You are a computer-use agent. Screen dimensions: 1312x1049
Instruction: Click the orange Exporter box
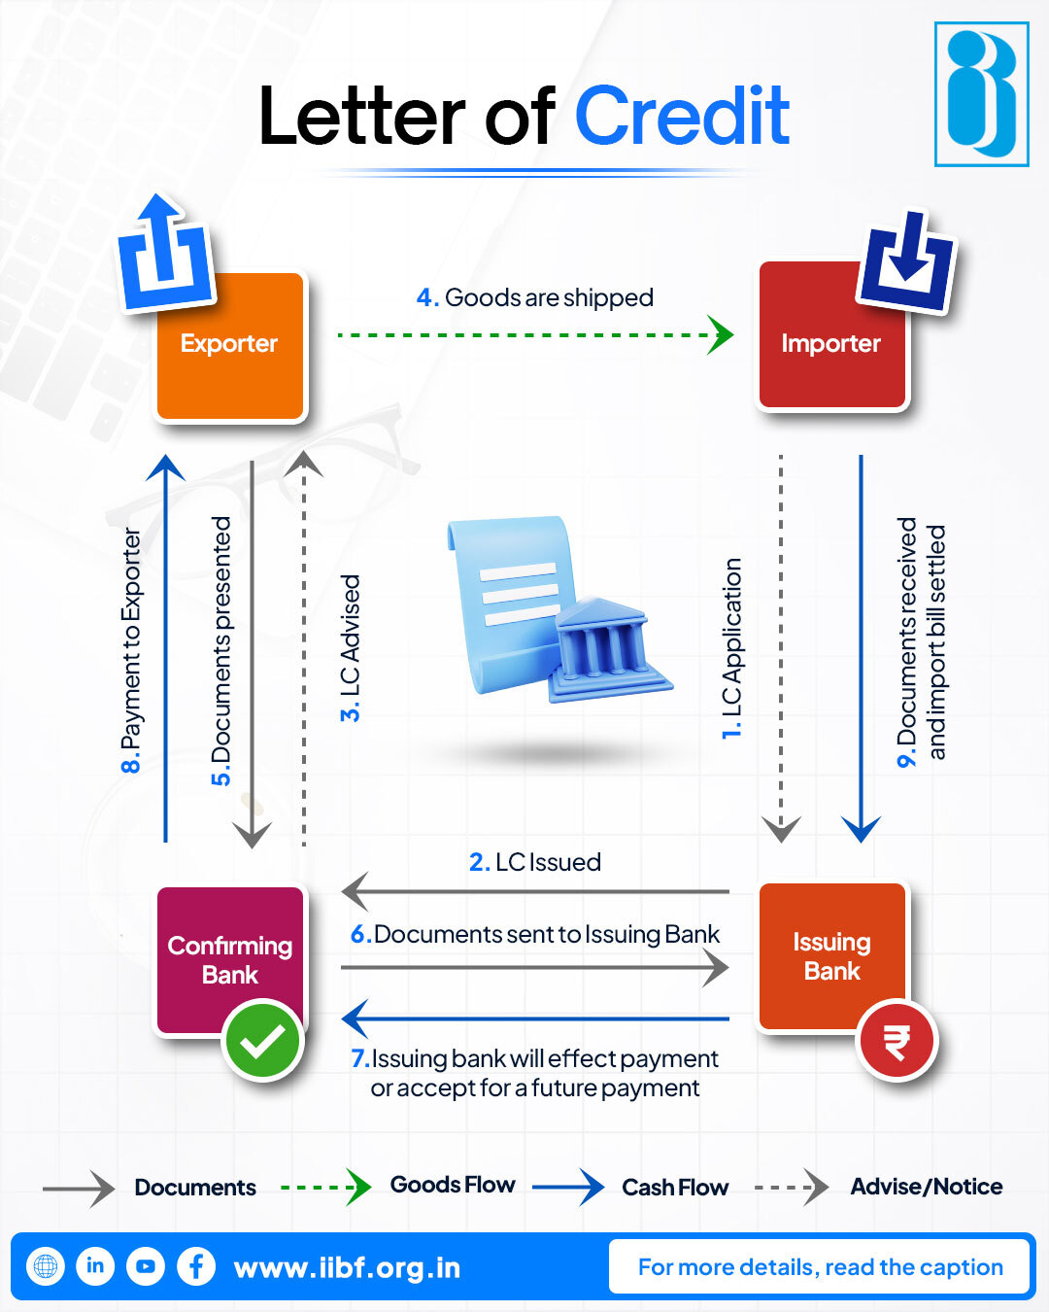(230, 346)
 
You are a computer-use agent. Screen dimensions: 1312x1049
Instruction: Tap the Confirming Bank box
(230, 959)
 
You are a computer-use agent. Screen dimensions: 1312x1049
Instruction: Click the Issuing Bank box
(831, 955)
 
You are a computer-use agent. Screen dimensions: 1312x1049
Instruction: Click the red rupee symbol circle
(897, 1042)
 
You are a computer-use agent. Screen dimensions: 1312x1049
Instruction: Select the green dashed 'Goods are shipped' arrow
(534, 335)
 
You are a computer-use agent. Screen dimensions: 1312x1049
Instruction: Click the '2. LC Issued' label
(535, 862)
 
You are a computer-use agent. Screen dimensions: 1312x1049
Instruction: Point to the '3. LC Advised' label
(350, 647)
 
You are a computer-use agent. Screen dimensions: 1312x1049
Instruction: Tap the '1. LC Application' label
(731, 648)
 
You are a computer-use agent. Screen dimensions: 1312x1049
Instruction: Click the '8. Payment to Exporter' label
(131, 650)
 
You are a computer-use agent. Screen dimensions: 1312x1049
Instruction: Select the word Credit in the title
(682, 117)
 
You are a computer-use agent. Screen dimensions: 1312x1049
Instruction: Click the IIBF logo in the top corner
(981, 94)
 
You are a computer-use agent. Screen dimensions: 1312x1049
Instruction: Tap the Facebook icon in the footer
(196, 1266)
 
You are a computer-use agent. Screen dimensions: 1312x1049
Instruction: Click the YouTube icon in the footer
(146, 1266)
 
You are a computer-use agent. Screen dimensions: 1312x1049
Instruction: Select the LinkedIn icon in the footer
(95, 1266)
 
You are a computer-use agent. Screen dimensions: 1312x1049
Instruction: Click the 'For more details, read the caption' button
(820, 1267)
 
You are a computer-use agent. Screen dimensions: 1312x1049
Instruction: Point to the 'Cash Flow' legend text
(675, 1188)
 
